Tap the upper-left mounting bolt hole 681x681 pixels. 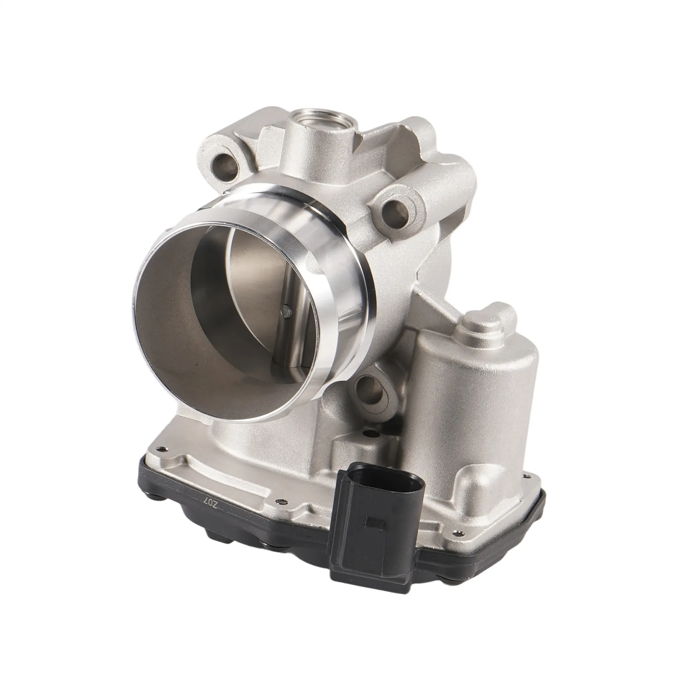[224, 164]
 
